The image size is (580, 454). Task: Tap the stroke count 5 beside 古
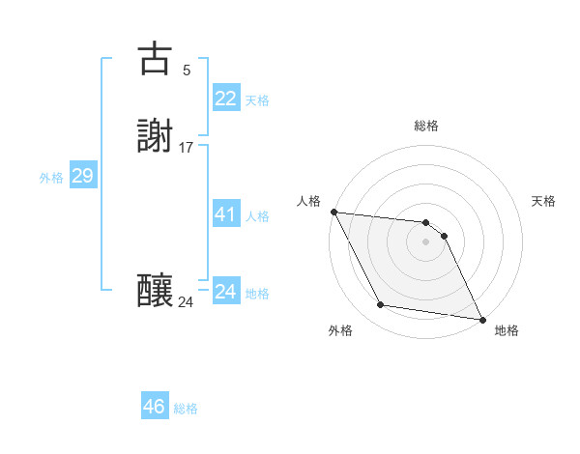coord(187,71)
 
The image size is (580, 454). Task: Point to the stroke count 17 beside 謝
coord(187,148)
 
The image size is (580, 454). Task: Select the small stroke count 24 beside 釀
coord(187,302)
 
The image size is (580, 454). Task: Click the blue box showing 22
coord(225,99)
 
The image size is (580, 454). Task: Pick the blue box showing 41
coord(225,214)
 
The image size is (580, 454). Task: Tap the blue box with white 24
coord(225,292)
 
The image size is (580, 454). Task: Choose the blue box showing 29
coord(82,176)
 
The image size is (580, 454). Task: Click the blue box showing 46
coord(154,407)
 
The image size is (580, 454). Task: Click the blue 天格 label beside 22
coord(257,100)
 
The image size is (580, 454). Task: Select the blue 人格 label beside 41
coord(257,216)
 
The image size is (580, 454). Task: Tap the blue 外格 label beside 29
coord(51,178)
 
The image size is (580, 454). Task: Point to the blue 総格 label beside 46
coord(186,409)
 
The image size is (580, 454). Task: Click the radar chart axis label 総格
coord(426,126)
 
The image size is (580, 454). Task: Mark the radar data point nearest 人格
coord(333,212)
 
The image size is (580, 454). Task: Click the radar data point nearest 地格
coord(480,318)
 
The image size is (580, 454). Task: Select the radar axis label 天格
coord(543,201)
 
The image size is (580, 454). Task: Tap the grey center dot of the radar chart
coord(426,241)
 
